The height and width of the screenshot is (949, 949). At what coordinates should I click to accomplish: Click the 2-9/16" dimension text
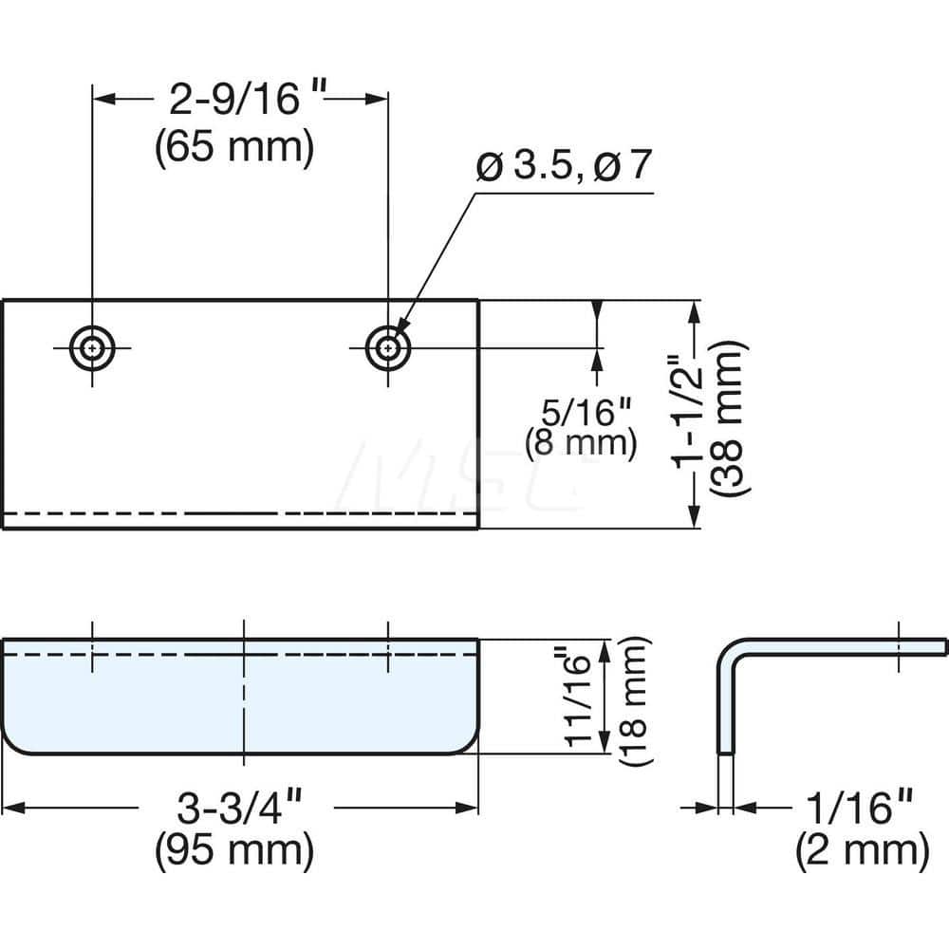pos(240,98)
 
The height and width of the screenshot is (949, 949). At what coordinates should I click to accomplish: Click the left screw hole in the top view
pos(92,348)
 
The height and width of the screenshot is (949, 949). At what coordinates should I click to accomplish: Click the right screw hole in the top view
pos(387,348)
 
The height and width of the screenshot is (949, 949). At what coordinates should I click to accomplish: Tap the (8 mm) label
pos(580,443)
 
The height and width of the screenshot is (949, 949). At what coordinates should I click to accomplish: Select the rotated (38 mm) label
pos(731,416)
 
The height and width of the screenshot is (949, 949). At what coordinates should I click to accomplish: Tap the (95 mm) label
pos(234,851)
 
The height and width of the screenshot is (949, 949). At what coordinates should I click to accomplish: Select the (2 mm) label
pos(860,851)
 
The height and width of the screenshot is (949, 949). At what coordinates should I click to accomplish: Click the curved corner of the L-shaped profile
pos(729,651)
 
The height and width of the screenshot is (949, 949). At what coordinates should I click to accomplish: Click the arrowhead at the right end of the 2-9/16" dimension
pos(379,98)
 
